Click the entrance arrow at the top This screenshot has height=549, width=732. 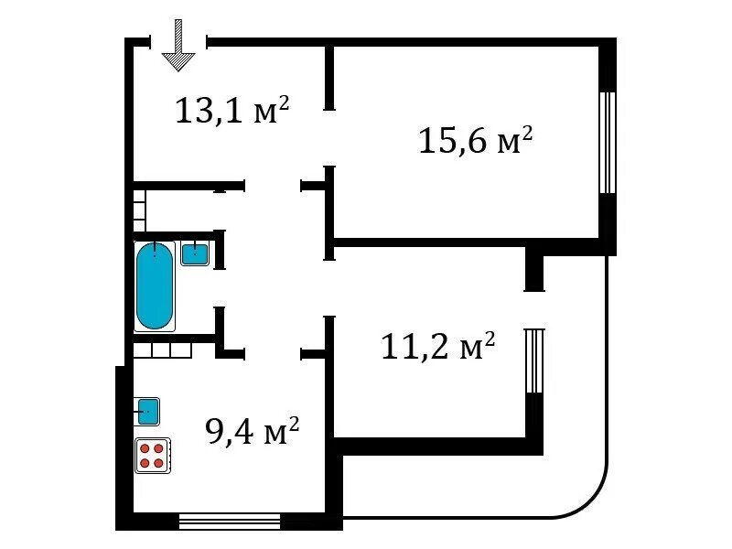coord(178,45)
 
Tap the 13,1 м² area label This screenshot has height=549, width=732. coord(232,111)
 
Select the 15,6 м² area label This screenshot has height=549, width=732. coord(475,140)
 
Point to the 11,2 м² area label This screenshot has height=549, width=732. coord(438,346)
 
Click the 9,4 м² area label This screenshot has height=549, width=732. coord(253,431)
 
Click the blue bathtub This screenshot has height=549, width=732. coord(154,285)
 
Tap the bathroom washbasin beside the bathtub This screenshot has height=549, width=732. coord(195,253)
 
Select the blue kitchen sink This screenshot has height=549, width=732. coord(147,411)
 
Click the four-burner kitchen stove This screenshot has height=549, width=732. coord(153,455)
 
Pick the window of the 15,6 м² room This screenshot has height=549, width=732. coord(608,143)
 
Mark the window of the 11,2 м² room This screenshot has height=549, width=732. coord(534,361)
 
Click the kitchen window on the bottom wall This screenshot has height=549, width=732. coord(230,522)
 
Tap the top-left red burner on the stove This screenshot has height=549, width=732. coord(145,448)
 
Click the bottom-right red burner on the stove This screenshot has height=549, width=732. coord(158,463)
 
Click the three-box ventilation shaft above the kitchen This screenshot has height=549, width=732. coord(163,350)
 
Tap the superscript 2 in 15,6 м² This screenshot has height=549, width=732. coord(527,134)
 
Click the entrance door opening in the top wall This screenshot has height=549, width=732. coord(178,42)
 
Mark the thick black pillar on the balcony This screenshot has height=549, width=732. coord(534,274)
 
